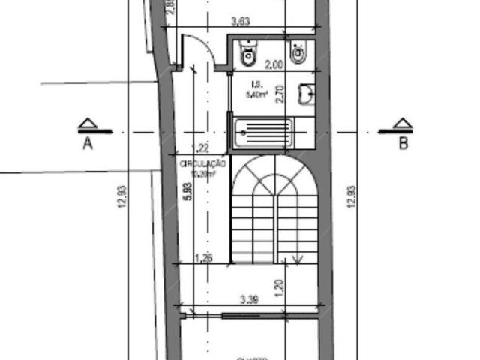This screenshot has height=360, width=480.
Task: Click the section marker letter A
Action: click(88, 144)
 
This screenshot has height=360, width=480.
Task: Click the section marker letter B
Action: click(403, 144)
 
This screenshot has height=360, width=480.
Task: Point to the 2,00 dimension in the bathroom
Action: click(274, 65)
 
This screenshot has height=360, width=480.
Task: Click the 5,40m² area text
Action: click(256, 95)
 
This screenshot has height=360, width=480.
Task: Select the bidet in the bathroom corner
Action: click(299, 52)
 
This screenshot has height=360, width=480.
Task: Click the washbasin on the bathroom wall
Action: click(306, 92)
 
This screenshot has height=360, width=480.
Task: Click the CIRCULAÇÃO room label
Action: click(202, 163)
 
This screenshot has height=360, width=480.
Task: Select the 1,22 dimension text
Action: click(200, 148)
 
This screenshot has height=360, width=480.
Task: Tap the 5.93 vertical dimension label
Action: click(188, 193)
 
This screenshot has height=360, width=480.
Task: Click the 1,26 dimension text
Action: click(202, 258)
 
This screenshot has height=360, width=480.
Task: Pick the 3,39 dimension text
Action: click(250, 301)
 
